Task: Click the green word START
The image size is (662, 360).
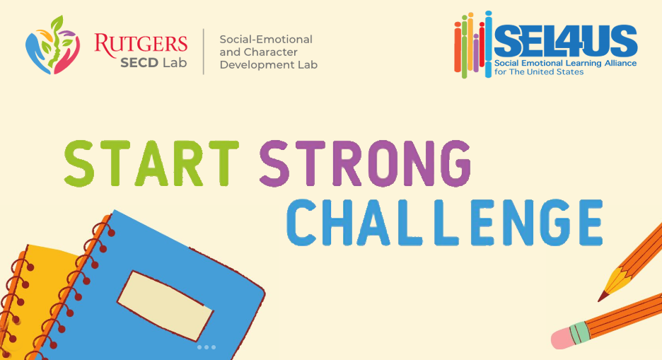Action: click(x=151, y=163)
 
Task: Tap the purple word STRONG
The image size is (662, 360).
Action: click(x=365, y=163)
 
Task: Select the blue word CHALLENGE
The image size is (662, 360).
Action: click(x=445, y=222)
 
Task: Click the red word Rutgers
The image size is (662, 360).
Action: click(x=141, y=45)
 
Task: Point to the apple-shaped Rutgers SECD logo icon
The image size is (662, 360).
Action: click(x=52, y=45)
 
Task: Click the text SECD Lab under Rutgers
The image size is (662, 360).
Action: click(x=153, y=63)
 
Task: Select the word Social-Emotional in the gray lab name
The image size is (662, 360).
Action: click(x=266, y=39)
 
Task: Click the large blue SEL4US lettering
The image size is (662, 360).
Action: click(x=565, y=40)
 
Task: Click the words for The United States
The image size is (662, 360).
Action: click(x=539, y=71)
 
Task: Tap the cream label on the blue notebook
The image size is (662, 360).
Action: click(x=165, y=305)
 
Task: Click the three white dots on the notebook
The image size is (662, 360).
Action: click(x=207, y=347)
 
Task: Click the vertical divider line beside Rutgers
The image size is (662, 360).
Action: click(x=204, y=52)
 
